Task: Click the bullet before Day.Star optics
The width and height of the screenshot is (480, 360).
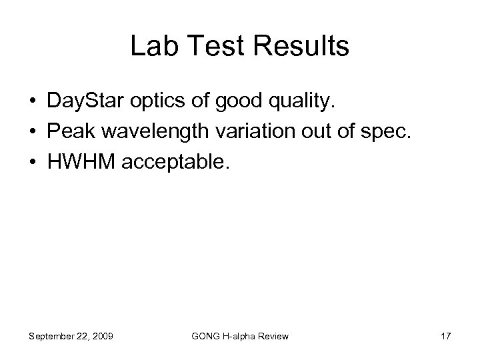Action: click(32, 102)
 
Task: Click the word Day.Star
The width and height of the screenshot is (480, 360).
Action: click(84, 102)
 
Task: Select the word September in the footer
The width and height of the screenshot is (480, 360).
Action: click(52, 336)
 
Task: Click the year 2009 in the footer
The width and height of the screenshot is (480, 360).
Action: click(101, 336)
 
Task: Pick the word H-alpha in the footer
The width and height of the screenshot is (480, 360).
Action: click(241, 336)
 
